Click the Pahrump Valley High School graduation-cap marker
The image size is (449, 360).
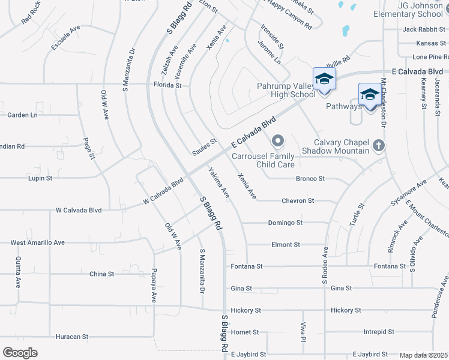tap(324, 79)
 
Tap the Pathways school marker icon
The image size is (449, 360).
tap(370, 95)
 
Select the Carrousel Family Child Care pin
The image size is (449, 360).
tap(277, 142)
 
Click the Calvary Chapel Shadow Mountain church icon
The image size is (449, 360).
tap(378, 145)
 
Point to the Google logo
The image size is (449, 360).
tap(20, 352)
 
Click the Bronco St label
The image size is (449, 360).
tap(310, 179)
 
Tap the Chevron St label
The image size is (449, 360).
tap(298, 200)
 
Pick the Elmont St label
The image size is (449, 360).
tap(286, 245)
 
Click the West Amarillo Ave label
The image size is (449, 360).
tap(37, 242)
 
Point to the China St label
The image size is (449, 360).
tap(101, 274)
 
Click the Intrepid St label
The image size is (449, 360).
tap(379, 331)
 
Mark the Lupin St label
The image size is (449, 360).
tap(40, 178)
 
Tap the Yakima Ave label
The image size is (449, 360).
tap(219, 184)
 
